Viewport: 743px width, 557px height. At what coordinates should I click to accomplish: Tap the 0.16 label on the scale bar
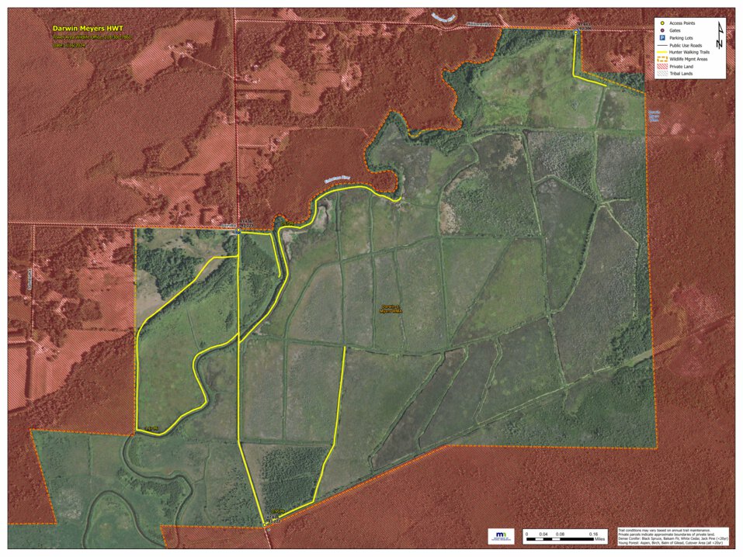point(594,534)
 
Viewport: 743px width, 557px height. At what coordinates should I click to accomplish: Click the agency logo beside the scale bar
point(502,536)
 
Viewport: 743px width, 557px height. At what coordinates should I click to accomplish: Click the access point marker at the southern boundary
point(266,525)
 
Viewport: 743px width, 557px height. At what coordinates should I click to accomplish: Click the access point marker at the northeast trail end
point(575,33)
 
